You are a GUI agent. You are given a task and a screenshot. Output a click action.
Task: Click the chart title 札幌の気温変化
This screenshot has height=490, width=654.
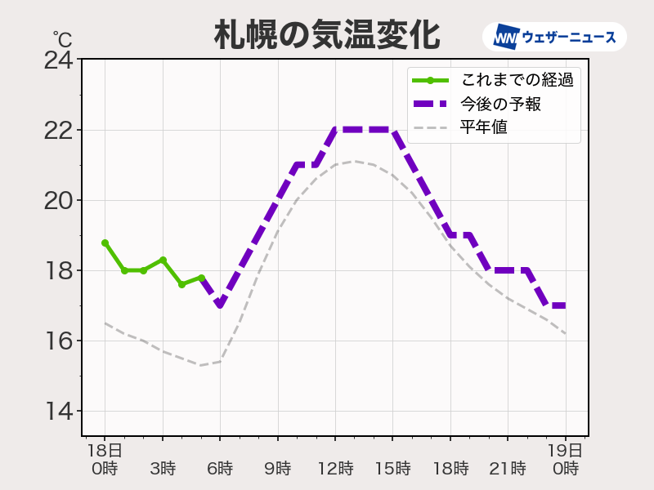pos(327,35)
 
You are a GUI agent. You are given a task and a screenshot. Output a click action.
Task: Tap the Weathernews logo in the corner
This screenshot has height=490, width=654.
pos(555,37)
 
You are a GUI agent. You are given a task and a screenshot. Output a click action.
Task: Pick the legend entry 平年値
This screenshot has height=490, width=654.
pos(490,127)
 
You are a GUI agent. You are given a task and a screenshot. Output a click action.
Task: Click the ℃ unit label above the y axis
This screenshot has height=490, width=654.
pos(62,38)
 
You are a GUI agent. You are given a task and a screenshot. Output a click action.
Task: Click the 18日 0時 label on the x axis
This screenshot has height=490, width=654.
pos(105,459)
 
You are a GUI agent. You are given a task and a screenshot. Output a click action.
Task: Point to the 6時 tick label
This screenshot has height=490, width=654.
pos(220,469)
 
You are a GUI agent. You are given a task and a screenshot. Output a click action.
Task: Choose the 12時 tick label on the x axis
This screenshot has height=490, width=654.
pos(335,469)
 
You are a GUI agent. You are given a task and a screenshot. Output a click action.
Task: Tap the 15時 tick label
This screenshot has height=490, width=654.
pos(392,469)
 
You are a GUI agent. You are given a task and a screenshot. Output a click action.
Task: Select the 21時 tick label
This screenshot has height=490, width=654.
pos(508,469)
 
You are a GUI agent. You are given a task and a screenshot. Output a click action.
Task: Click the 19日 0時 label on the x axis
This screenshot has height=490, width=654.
pos(565,459)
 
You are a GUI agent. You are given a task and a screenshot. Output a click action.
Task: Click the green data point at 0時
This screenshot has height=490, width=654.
pos(105,243)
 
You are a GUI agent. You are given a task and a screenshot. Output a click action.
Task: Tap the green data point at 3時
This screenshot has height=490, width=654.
pos(163,260)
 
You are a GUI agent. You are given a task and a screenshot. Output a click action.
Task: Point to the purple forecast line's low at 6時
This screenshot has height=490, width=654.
pos(220,305)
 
